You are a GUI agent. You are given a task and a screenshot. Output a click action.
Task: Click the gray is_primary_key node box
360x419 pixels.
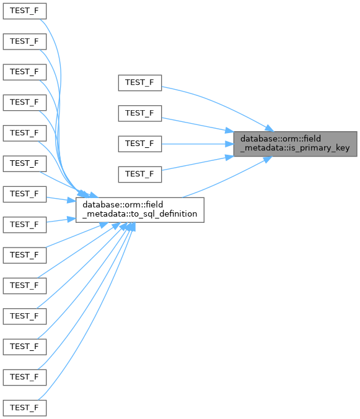pyautogui.click(x=295, y=144)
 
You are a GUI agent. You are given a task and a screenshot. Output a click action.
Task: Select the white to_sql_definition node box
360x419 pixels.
pyautogui.click(x=140, y=210)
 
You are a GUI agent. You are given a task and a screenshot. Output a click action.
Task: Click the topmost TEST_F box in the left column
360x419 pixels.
pyautogui.click(x=25, y=11)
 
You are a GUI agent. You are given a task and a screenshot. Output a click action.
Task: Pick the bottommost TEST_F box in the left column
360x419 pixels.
pyautogui.click(x=25, y=408)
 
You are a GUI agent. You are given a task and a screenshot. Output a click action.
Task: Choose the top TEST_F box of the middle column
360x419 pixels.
pyautogui.click(x=140, y=83)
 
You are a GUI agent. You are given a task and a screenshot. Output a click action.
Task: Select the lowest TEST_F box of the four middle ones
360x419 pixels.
pyautogui.click(x=140, y=175)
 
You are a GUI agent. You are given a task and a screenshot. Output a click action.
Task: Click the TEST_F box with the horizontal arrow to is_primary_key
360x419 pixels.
pyautogui.click(x=140, y=144)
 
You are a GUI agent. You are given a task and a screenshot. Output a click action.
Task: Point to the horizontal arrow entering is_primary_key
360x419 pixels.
pyautogui.click(x=198, y=144)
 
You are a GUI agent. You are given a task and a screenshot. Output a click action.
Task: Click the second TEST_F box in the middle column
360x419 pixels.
pyautogui.click(x=140, y=113)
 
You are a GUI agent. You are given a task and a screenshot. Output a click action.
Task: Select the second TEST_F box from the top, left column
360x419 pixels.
pyautogui.click(x=25, y=41)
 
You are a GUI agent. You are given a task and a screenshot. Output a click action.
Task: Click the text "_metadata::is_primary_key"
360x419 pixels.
pyautogui.click(x=295, y=148)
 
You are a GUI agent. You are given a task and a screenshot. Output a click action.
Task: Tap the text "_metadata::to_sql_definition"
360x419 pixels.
pyautogui.click(x=140, y=214)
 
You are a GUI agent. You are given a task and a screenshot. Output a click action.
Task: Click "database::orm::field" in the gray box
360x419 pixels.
pyautogui.click(x=281, y=139)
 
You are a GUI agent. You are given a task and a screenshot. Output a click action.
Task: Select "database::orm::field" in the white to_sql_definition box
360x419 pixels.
pyautogui.click(x=123, y=205)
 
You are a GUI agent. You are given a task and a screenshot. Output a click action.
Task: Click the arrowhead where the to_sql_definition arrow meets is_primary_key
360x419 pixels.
pyautogui.click(x=268, y=159)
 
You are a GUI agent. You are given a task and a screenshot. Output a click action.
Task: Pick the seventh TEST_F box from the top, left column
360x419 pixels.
pyautogui.click(x=25, y=194)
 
